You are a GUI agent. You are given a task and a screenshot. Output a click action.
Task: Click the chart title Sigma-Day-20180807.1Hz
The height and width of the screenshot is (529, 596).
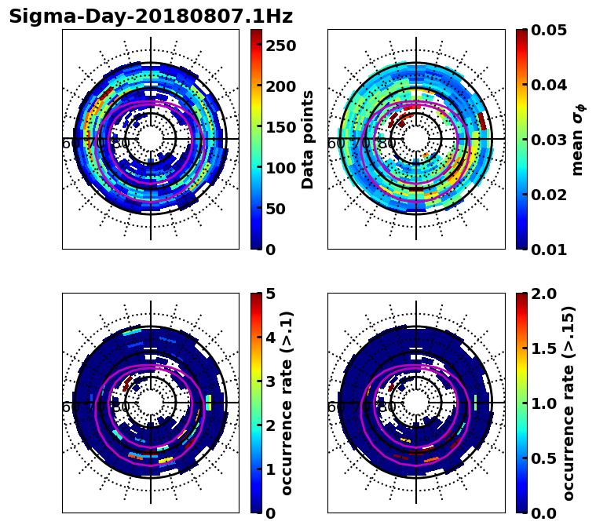pos(150,16)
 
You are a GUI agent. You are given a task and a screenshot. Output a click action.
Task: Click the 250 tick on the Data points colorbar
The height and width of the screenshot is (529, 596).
pos(280,46)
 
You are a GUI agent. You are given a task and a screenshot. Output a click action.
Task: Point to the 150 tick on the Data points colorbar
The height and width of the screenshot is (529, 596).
pos(280,127)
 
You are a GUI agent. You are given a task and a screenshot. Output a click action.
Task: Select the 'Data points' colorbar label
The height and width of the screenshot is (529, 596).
pos(308,140)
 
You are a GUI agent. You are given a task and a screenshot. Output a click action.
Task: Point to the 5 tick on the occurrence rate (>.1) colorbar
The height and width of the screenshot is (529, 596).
pos(270,294)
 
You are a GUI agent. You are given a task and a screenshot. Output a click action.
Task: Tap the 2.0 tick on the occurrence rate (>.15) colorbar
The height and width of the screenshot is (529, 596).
pos(541,294)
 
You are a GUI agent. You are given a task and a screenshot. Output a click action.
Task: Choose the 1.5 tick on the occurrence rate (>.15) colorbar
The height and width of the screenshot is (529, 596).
pos(541,348)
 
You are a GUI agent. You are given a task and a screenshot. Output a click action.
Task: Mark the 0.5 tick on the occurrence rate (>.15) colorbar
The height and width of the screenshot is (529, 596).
pos(541,458)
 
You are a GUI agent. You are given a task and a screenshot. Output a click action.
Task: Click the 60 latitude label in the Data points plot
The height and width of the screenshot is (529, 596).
pos(70,144)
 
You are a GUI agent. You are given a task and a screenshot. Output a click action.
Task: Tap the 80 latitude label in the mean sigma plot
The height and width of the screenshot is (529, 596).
pos(386,144)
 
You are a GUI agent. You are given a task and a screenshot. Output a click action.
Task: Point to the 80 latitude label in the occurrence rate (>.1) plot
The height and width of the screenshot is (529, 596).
pos(121,407)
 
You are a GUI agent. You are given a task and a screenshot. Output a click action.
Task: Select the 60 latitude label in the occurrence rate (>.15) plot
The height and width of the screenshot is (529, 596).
pos(335,407)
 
